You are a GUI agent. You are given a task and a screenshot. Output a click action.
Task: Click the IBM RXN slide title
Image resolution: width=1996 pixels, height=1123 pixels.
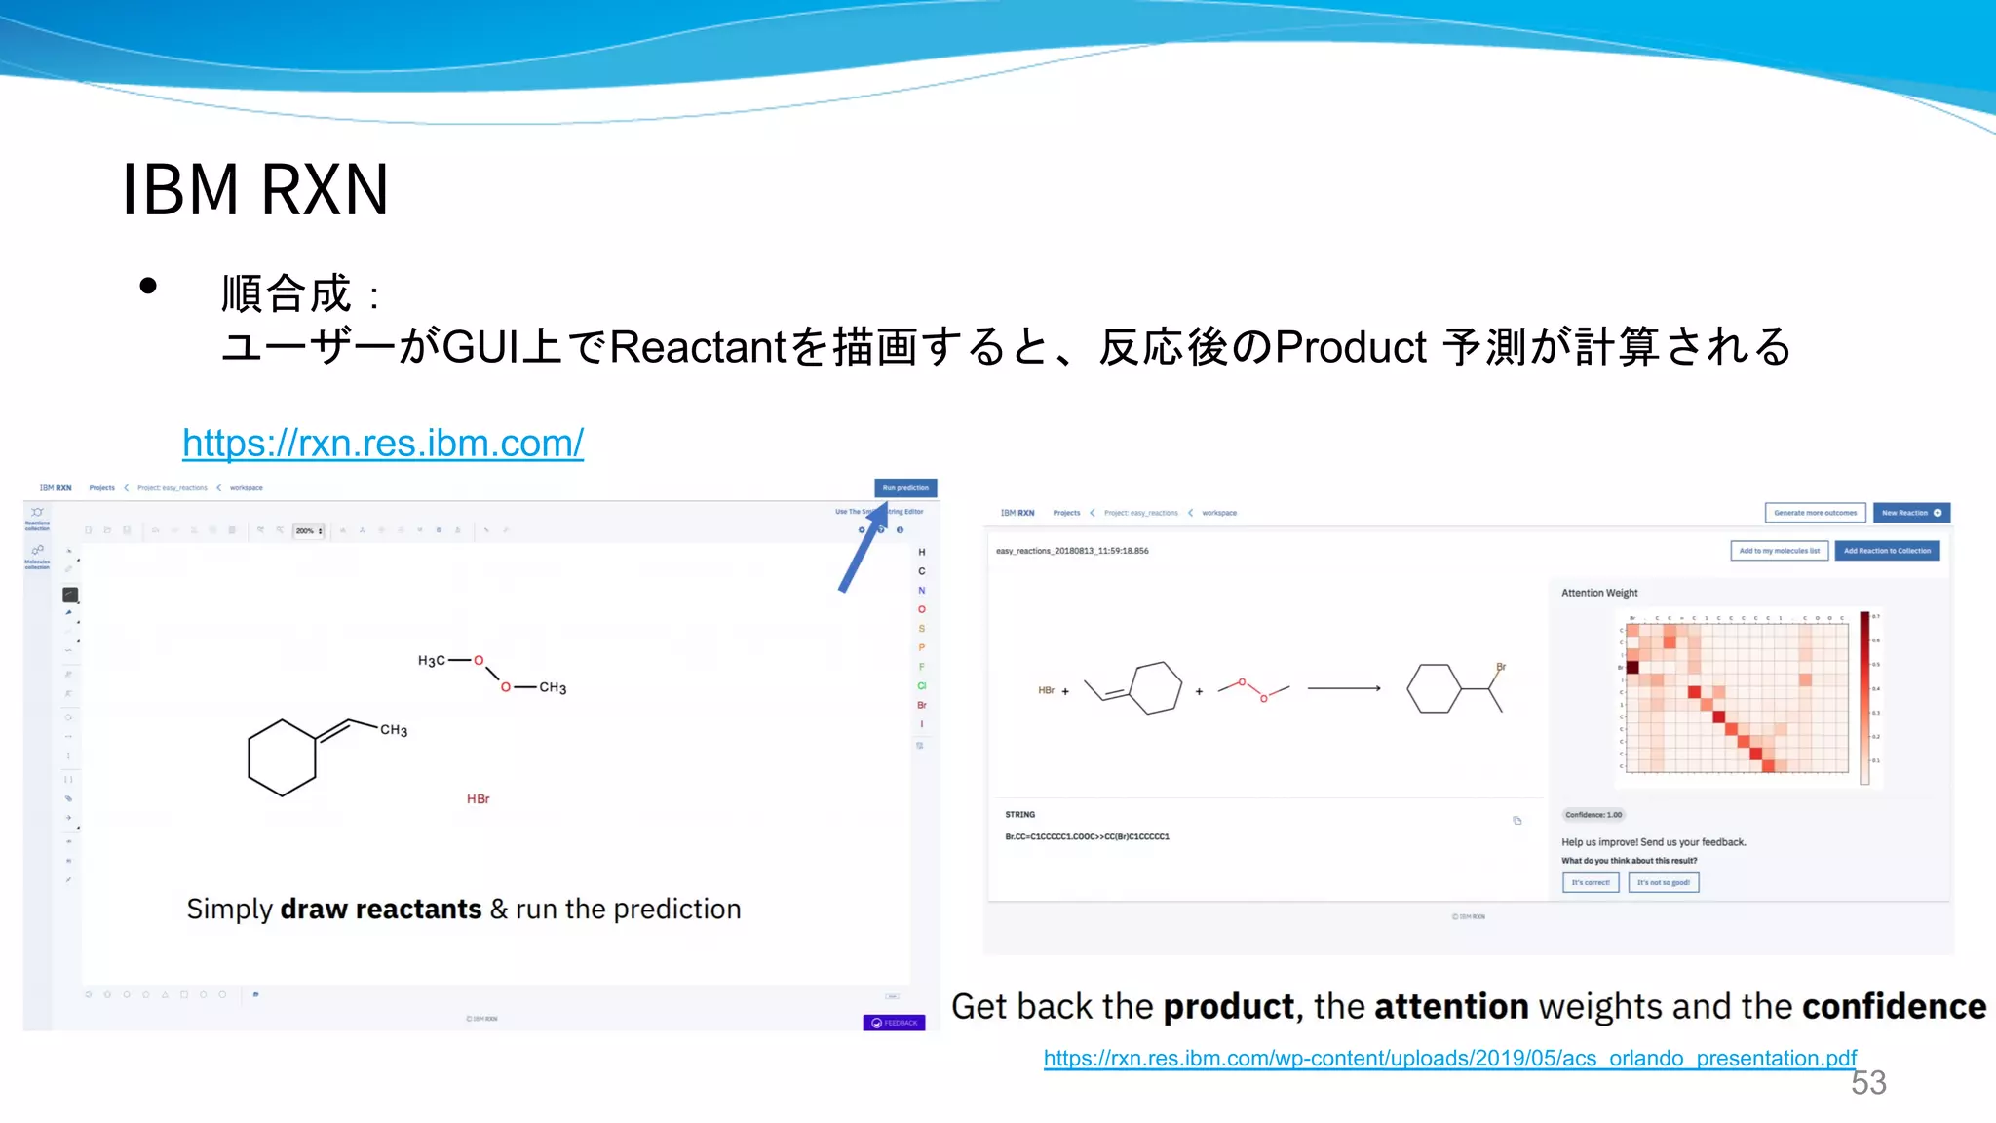(x=255, y=189)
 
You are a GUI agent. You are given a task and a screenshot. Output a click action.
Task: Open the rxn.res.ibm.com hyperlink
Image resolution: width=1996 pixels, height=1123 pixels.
(x=383, y=444)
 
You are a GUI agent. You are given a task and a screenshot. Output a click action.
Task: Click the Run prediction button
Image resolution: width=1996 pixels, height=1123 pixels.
(x=905, y=488)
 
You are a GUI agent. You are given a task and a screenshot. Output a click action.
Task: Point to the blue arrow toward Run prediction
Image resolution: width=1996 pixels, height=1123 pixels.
(x=863, y=550)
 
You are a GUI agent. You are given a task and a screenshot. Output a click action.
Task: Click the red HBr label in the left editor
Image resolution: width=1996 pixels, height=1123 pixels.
(x=478, y=799)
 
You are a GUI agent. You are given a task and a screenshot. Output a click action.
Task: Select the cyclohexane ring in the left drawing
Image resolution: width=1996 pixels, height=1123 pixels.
(x=282, y=758)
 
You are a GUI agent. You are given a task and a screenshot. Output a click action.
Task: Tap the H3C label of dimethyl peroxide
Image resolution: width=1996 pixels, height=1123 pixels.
(x=431, y=661)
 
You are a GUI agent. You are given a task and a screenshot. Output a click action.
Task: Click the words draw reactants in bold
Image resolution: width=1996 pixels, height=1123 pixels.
(x=380, y=910)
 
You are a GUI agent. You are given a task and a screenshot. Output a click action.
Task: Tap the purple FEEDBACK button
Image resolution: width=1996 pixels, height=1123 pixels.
(x=894, y=1023)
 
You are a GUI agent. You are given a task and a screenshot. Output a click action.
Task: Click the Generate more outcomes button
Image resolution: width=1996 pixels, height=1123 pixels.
(x=1815, y=513)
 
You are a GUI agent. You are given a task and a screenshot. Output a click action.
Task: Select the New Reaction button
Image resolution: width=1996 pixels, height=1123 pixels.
(x=1910, y=513)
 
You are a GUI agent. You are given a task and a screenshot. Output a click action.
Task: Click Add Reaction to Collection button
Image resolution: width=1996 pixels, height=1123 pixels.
(x=1887, y=551)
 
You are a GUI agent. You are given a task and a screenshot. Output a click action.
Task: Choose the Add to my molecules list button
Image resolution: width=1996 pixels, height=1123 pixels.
(x=1779, y=551)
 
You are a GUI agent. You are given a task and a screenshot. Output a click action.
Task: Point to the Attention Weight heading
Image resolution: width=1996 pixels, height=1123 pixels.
(x=1599, y=593)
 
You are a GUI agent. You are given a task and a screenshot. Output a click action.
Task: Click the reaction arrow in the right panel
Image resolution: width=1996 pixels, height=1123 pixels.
(x=1344, y=688)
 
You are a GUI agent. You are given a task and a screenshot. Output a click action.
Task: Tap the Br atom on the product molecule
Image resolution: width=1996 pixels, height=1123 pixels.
(x=1501, y=667)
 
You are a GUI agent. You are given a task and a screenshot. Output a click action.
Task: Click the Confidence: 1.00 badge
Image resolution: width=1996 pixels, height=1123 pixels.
(x=1593, y=815)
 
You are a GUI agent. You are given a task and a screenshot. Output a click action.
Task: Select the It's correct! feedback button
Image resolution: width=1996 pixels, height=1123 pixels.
(x=1590, y=883)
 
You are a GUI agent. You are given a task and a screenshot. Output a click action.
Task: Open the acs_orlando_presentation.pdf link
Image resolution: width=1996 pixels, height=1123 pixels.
(x=1450, y=1059)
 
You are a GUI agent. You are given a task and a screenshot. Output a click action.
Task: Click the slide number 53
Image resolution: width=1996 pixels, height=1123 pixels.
(x=1868, y=1083)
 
